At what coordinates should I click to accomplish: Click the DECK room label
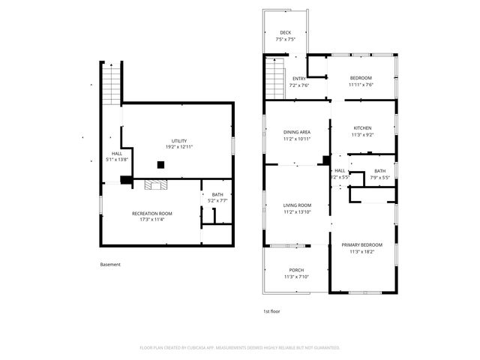tap(286, 33)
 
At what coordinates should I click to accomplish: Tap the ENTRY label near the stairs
tap(298, 79)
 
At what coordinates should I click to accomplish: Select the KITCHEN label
tap(362, 128)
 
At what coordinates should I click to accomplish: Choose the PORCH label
tap(297, 270)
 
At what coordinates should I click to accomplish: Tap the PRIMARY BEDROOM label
tap(362, 245)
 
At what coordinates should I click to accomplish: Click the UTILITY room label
tap(178, 141)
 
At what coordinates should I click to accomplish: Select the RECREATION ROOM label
tap(152, 214)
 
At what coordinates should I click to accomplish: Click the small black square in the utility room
tap(160, 165)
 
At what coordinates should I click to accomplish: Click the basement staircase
tap(110, 79)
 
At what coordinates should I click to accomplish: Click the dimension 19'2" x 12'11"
tap(178, 147)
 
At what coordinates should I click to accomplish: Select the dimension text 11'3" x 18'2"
tap(362, 252)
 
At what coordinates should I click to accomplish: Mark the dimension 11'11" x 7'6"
tap(361, 85)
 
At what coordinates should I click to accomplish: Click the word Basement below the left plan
tap(110, 264)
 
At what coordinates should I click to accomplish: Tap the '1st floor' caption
tap(271, 310)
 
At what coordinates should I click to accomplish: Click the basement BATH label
tap(217, 195)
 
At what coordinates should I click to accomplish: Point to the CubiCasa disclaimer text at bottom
tap(240, 348)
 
